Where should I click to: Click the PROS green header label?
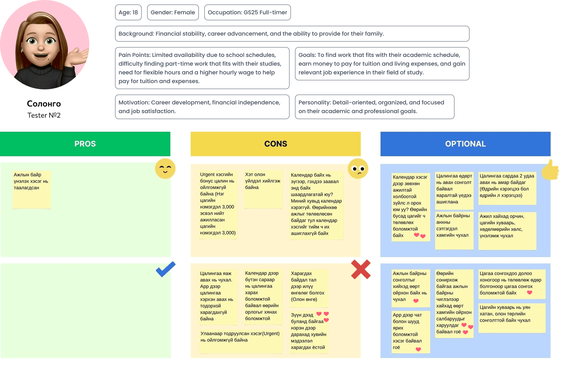85,144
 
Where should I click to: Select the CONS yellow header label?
276,144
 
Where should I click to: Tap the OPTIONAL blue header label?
465,144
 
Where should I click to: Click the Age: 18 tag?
128,13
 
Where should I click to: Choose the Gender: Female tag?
173,13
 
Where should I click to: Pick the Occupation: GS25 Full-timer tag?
247,13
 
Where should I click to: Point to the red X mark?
361,270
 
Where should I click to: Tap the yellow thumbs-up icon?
550,170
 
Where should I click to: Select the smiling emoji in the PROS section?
165,169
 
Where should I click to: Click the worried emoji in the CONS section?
358,169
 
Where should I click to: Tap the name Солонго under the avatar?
44,104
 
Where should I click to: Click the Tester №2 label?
44,115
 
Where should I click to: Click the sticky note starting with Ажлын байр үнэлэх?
32,189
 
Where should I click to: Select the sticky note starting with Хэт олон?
263,189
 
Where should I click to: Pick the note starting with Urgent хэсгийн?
218,204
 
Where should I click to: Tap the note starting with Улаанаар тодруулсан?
240,341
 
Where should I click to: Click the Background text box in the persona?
292,34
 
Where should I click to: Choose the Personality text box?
374,107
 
